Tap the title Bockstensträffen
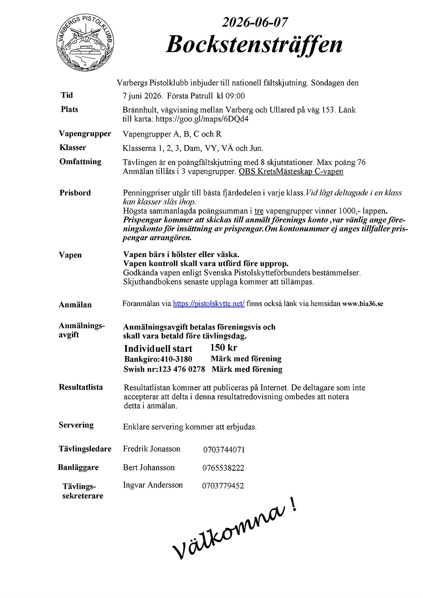[x=254, y=44]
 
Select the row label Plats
[x=69, y=110]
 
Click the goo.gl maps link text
[x=202, y=119]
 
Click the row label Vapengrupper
[x=85, y=134]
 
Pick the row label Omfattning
[x=80, y=162]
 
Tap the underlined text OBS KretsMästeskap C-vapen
[x=291, y=172]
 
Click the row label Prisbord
[x=75, y=193]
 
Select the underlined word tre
[x=259, y=211]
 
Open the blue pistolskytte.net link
[x=209, y=304]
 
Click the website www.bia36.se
[x=363, y=304]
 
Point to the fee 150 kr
[x=224, y=348]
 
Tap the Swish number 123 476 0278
[x=181, y=369]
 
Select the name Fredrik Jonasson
[x=151, y=449]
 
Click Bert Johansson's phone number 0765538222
[x=223, y=468]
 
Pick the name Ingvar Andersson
[x=153, y=485]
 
